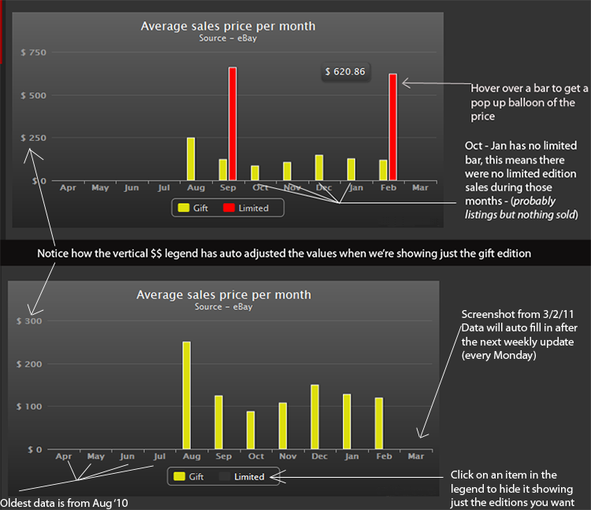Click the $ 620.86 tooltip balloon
pos(345,72)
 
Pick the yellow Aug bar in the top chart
pos(191,159)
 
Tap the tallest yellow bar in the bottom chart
pos(187,395)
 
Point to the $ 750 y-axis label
pos(33,53)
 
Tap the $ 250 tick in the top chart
pos(33,139)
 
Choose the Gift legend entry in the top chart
pos(193,209)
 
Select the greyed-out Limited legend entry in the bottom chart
pos(244,476)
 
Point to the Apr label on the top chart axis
pos(68,188)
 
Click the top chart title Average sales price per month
pos(228,26)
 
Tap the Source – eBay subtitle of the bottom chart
pos(224,307)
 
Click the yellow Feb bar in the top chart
pos(383,170)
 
